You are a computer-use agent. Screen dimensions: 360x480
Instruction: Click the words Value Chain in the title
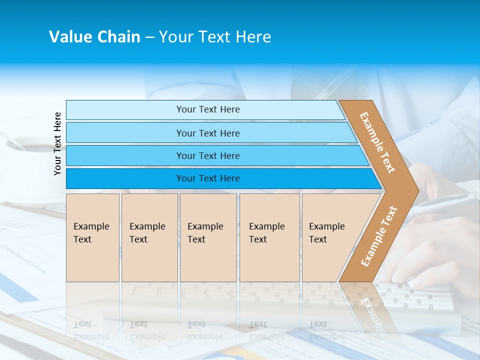coord(94,37)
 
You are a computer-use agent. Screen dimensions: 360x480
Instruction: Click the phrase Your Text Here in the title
coord(215,37)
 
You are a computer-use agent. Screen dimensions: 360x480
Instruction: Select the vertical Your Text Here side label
coord(57,143)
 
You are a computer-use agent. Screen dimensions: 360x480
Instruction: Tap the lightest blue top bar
coord(125,110)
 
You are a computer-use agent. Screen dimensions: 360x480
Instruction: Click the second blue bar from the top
coord(125,133)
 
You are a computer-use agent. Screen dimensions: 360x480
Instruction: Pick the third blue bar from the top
coord(125,155)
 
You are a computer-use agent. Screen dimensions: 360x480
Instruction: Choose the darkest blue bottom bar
coord(125,178)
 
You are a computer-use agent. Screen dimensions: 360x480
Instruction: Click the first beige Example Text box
coord(92,237)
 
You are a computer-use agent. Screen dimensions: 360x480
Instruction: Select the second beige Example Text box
coord(149,237)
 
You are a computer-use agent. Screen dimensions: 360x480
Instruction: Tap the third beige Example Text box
coord(208,237)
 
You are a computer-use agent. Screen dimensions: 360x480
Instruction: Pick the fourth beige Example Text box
coord(269,237)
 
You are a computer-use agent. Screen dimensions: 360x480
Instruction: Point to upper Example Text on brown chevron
coord(377,142)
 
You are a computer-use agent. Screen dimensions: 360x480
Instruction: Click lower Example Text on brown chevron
coord(378,236)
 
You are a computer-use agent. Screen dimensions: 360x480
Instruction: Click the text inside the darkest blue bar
coord(208,178)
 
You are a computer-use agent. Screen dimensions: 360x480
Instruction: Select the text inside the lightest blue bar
coord(208,109)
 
